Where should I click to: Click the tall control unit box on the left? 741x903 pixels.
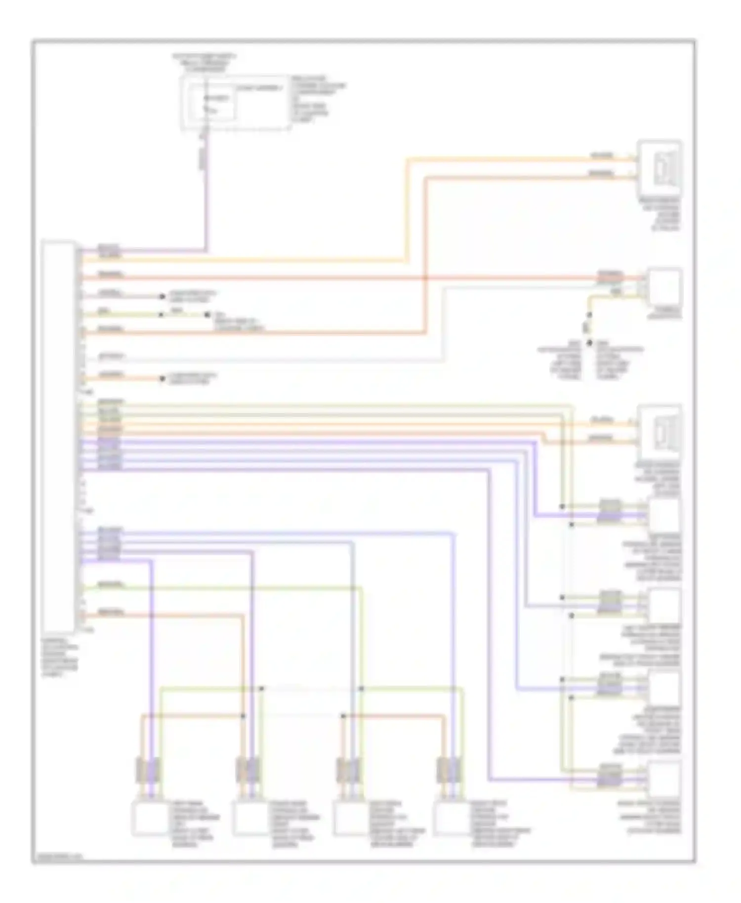(59, 437)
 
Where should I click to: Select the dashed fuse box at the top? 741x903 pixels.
(235, 103)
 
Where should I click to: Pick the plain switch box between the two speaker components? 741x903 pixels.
(665, 286)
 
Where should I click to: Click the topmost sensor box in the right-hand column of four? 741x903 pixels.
(664, 515)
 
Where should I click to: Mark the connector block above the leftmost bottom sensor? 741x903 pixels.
(148, 769)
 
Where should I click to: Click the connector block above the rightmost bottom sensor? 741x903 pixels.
(450, 769)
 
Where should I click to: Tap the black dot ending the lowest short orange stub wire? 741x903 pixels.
(162, 379)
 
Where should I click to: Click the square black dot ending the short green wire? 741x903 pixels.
(208, 315)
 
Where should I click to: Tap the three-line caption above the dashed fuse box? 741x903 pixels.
(204, 63)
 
